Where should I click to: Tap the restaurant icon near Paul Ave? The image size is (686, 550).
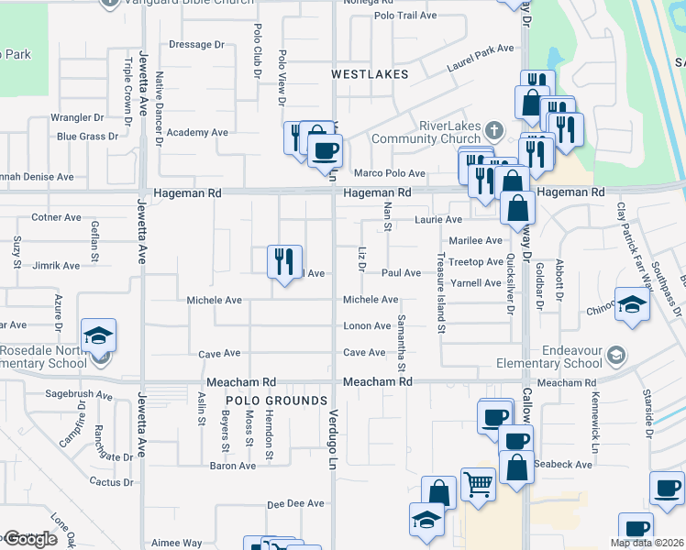click(x=284, y=261)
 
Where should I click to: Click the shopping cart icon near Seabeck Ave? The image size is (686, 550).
click(x=478, y=482)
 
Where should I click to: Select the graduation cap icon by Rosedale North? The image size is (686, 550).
click(x=98, y=336)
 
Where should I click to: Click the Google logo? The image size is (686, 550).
click(x=30, y=539)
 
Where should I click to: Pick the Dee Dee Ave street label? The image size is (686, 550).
click(x=295, y=503)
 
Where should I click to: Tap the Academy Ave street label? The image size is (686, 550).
click(x=197, y=133)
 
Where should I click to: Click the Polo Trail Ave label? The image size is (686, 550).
click(x=405, y=16)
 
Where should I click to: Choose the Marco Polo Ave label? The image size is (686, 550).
click(x=390, y=173)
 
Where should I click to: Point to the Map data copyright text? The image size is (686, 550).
click(x=647, y=543)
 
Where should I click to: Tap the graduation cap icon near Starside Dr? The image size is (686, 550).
click(x=632, y=305)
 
